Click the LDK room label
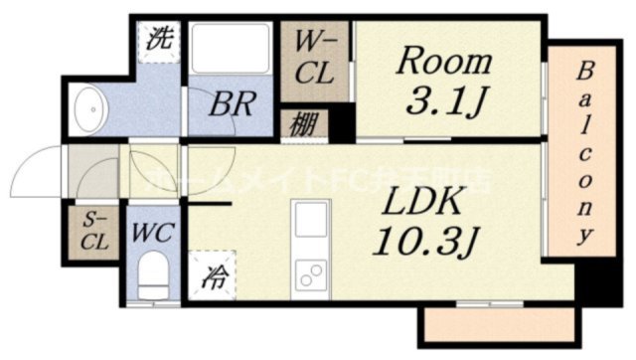[419, 203]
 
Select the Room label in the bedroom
[444, 61]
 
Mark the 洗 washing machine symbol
[159, 41]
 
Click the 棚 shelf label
[304, 126]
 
